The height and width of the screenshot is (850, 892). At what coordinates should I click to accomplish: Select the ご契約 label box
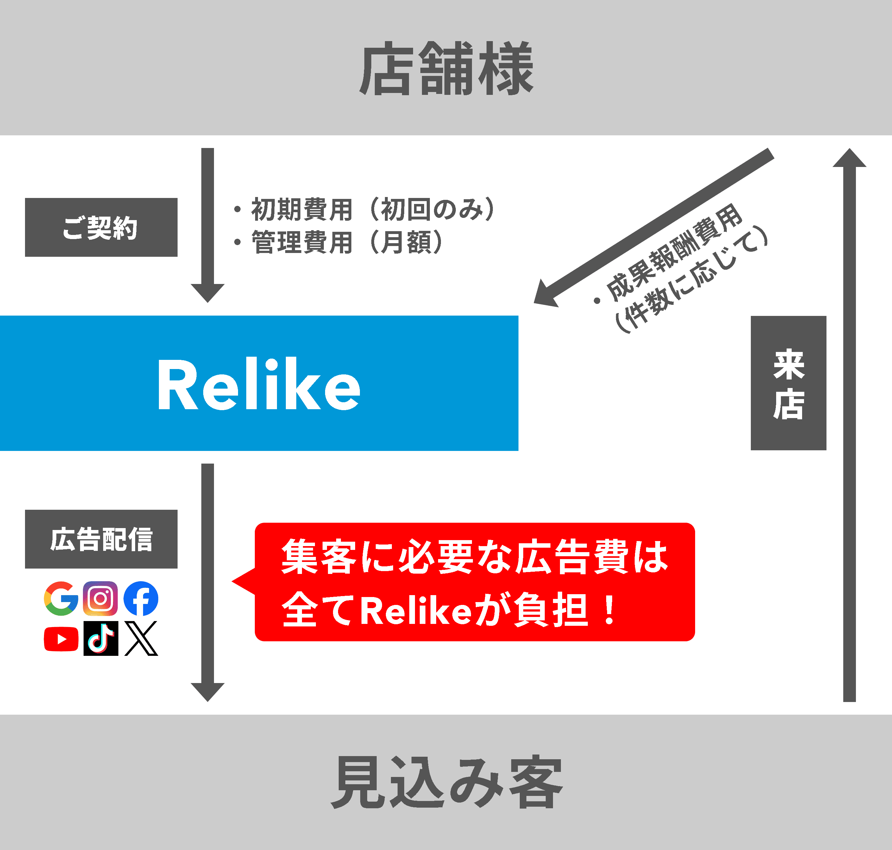click(101, 227)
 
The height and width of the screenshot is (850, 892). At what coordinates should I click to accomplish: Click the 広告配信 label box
click(101, 539)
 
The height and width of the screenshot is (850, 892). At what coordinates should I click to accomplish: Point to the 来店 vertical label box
click(788, 383)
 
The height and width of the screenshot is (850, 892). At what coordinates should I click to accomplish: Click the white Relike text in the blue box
click(259, 384)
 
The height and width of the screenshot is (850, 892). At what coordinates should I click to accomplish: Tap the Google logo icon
click(61, 599)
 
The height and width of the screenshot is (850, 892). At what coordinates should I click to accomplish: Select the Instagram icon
click(101, 599)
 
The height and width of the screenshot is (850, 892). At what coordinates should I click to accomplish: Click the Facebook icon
click(141, 599)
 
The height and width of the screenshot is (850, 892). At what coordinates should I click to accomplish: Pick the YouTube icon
click(61, 639)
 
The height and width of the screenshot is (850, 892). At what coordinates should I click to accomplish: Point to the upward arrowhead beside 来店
click(849, 158)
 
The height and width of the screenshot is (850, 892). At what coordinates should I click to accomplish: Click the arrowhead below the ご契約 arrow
click(208, 292)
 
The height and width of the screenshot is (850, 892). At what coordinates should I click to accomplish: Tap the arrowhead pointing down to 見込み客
click(208, 691)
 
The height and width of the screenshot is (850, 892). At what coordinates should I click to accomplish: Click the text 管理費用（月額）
click(347, 243)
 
